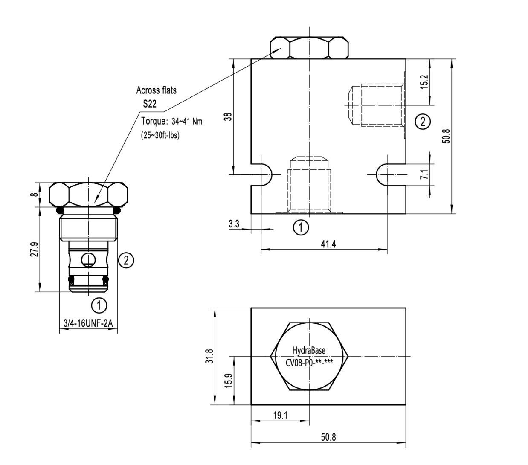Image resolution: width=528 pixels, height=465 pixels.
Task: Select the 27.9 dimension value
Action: [35, 250]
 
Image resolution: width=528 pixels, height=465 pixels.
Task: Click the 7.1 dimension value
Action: [423, 174]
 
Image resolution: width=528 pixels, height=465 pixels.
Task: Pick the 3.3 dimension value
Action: [234, 224]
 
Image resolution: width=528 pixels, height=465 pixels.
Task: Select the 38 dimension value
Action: [229, 116]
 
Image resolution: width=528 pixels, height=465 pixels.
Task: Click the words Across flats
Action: [156, 90]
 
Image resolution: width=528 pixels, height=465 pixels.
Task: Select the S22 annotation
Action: [150, 104]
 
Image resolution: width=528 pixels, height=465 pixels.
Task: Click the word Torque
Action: [152, 121]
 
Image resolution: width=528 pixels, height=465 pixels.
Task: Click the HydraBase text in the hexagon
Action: [309, 351]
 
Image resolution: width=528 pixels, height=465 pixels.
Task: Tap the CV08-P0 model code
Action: [309, 363]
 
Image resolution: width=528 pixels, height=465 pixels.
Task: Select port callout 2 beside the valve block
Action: [422, 122]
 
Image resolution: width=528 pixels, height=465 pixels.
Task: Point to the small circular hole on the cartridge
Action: [88, 259]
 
